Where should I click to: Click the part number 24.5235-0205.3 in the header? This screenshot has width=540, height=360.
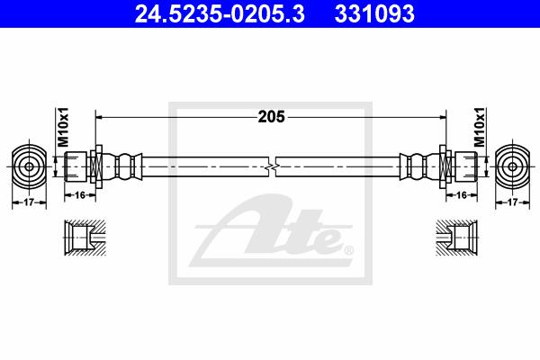click(x=220, y=13)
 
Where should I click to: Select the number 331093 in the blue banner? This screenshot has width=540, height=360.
click(x=374, y=13)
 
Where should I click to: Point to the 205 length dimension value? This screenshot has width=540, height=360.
click(x=272, y=117)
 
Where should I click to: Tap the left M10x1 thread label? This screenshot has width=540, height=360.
click(x=63, y=127)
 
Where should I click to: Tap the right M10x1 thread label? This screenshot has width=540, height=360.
click(x=480, y=127)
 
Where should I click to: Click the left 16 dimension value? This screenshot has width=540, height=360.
click(x=80, y=195)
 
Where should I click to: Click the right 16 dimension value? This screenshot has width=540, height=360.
click(x=462, y=195)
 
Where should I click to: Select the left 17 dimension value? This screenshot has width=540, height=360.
click(x=29, y=202)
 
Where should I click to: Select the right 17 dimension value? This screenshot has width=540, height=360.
click(x=512, y=202)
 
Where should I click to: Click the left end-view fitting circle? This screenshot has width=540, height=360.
click(x=29, y=166)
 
